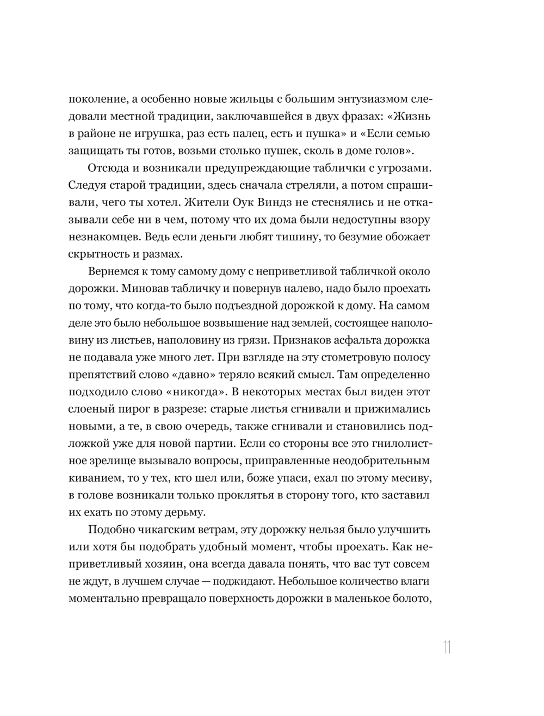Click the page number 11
click(x=447, y=647)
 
